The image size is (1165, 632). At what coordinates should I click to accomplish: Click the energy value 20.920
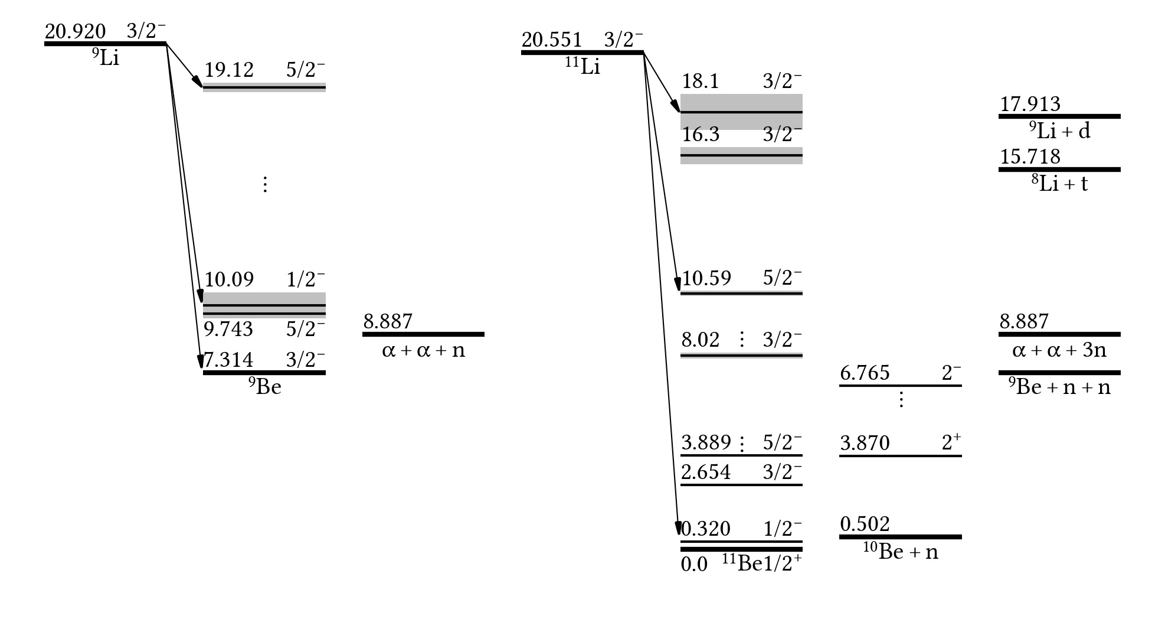(x=76, y=31)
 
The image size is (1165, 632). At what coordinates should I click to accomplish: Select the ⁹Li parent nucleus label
(x=106, y=58)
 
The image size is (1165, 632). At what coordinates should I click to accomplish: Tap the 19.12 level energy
(x=229, y=70)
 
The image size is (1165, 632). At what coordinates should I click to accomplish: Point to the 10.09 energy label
(x=229, y=279)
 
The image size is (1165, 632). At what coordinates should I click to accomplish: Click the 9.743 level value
(x=228, y=329)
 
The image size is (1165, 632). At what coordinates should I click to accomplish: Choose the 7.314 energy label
(x=228, y=360)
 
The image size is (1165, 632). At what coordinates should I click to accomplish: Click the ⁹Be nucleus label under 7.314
(x=265, y=386)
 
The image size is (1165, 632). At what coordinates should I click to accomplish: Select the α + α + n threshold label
(x=424, y=351)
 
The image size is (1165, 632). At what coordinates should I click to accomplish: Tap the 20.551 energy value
(x=552, y=40)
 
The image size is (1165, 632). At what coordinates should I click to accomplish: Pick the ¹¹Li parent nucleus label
(x=582, y=67)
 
